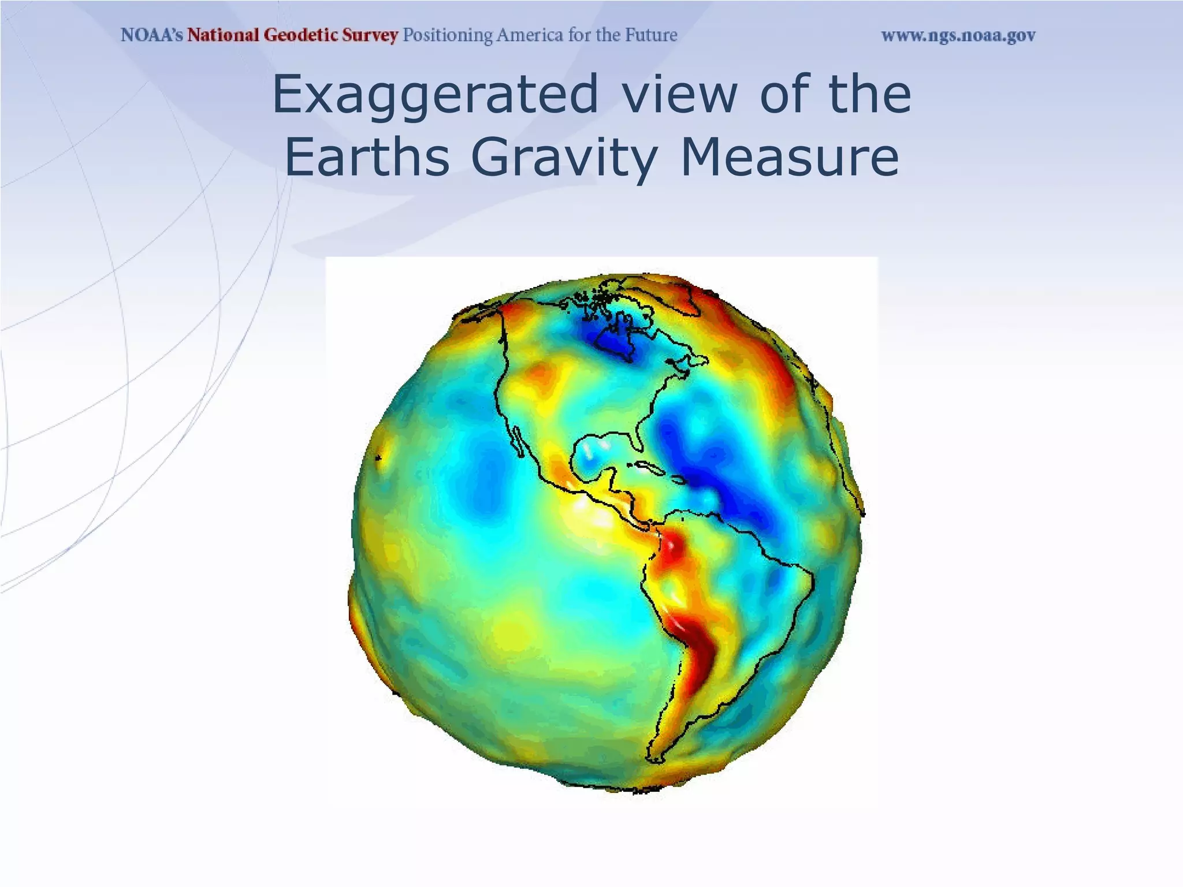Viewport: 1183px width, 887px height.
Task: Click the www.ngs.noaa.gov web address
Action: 958,36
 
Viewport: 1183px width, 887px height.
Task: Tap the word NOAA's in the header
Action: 152,36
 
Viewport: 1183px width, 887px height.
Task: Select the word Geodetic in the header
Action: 296,36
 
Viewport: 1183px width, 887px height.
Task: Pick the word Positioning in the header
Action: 448,36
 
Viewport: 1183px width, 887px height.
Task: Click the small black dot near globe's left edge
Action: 378,459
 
